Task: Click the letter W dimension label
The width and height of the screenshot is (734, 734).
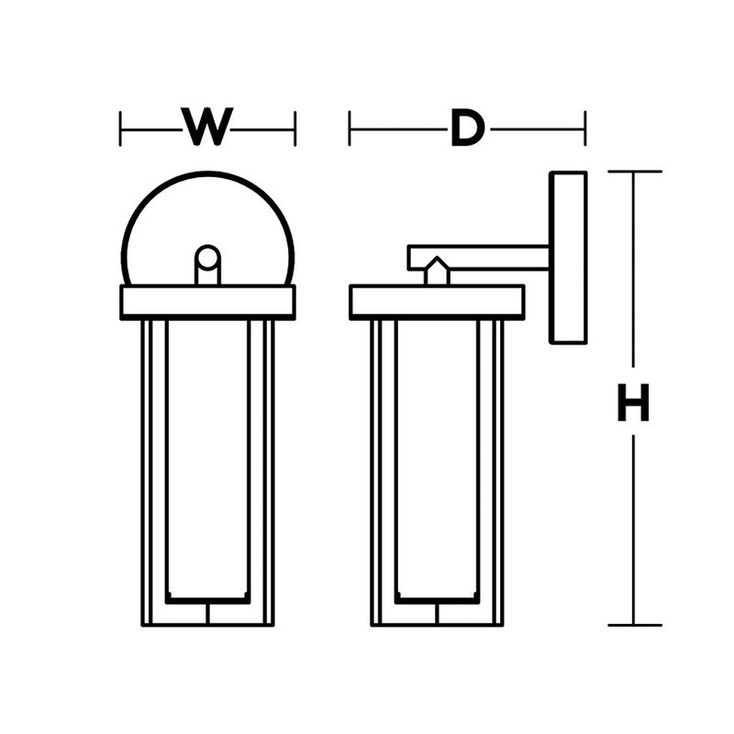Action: [207, 128]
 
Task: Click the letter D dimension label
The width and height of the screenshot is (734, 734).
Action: [466, 128]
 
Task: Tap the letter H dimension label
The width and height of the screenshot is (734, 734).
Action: [633, 403]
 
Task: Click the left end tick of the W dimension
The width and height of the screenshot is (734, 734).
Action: [121, 128]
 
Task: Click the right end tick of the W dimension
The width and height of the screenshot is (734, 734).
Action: [295, 128]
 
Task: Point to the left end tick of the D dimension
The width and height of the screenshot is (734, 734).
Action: [350, 128]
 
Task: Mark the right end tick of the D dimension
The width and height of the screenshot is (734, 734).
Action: [584, 128]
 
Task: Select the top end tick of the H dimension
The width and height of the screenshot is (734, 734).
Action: [634, 172]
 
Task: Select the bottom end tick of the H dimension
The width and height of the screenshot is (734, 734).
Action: [634, 625]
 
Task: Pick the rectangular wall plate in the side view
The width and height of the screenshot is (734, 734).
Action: [567, 257]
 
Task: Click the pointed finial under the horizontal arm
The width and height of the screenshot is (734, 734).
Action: [437, 272]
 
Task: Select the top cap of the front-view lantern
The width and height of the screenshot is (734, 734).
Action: [208, 302]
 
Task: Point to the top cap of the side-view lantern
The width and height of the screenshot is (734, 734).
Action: [437, 302]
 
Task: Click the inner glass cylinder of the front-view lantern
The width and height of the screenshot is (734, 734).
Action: [208, 459]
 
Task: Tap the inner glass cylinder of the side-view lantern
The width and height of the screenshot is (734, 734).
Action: [437, 459]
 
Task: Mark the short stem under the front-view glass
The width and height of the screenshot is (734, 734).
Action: [208, 614]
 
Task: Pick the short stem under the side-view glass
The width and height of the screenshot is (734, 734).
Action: [437, 614]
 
